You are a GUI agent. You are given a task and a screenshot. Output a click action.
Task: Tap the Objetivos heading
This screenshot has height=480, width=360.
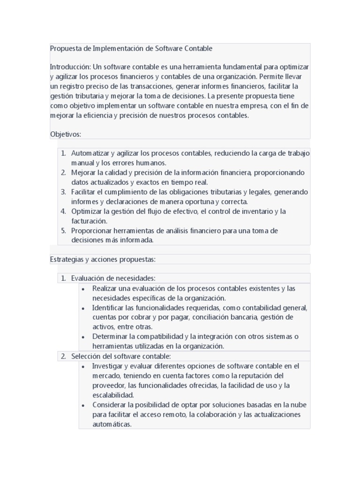66,134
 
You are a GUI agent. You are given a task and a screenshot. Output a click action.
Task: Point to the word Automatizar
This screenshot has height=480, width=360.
90,153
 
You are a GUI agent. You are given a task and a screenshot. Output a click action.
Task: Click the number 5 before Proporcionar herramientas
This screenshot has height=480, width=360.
63,231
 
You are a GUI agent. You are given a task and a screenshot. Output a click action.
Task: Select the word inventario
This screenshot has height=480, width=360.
253,211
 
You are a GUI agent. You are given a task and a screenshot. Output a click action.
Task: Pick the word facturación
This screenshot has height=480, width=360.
89,221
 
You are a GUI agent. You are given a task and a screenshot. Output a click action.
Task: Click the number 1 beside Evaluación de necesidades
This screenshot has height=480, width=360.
63,278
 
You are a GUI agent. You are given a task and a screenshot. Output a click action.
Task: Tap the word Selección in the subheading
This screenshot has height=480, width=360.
86,356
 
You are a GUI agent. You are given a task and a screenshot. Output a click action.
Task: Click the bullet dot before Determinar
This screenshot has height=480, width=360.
83,337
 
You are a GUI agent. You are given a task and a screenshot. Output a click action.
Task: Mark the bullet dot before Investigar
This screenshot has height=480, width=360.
83,366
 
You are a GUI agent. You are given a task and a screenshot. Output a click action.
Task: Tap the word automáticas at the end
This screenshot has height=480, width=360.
112,424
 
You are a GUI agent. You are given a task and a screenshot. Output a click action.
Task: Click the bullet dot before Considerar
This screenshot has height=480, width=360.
83,405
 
